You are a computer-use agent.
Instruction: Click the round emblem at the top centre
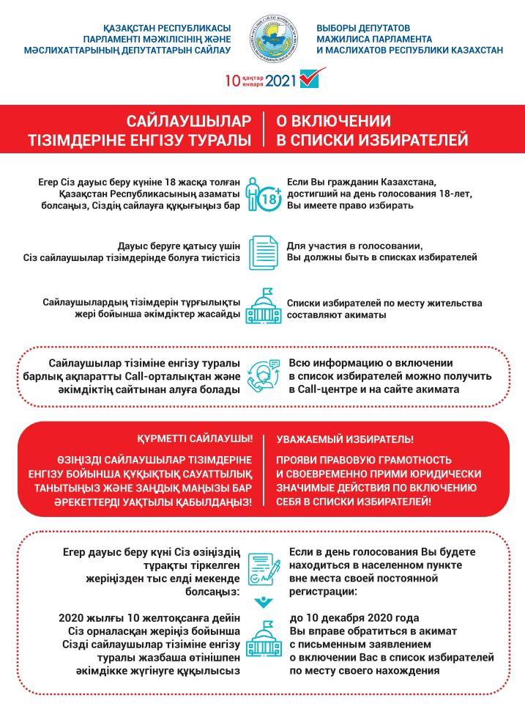pos(273,37)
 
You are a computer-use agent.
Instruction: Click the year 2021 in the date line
pos(282,80)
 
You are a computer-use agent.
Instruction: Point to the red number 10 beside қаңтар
pos(232,80)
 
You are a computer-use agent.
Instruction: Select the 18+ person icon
pos(263,194)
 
